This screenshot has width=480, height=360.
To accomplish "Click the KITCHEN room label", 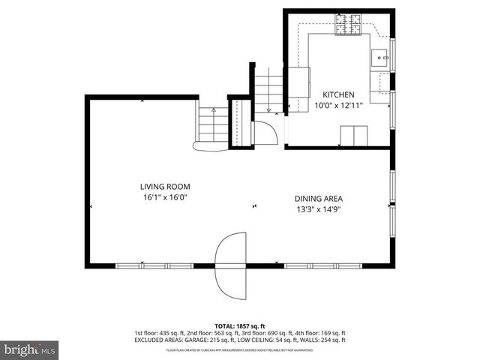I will pyautogui.click(x=338, y=94).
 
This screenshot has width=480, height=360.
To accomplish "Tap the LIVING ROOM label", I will pyautogui.click(x=164, y=187).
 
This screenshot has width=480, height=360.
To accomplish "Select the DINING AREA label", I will pyautogui.click(x=319, y=199).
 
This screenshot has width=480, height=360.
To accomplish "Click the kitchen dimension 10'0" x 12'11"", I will pyautogui.click(x=338, y=106).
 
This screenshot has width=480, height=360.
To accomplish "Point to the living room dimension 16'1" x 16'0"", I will pyautogui.click(x=164, y=197).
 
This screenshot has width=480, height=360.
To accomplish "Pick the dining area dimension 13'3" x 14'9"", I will pyautogui.click(x=319, y=209).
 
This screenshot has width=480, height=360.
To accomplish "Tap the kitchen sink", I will pyautogui.click(x=379, y=57).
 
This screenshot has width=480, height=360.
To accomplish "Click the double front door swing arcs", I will pyautogui.click(x=231, y=265).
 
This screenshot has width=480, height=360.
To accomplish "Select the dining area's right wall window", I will pyautogui.click(x=391, y=198).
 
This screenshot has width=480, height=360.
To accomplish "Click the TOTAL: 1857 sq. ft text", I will pyautogui.click(x=240, y=326).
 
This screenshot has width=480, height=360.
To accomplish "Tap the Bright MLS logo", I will pyautogui.click(x=30, y=349).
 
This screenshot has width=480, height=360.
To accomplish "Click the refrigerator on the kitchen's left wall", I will pyautogui.click(x=299, y=82).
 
